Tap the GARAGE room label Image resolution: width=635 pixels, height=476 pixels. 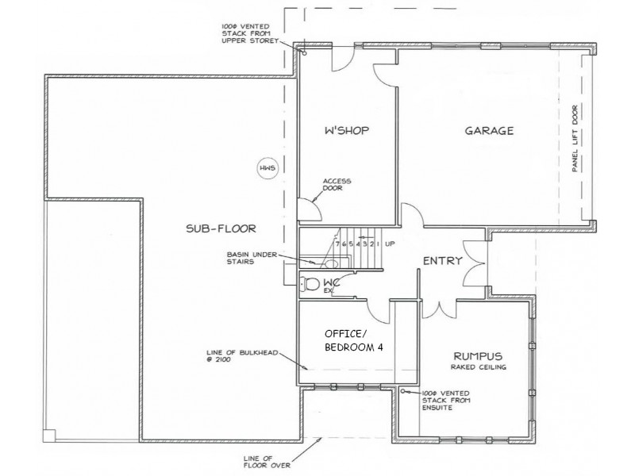point(489,131)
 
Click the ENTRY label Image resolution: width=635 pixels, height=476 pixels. point(442,260)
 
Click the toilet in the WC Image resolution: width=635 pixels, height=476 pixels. point(310,284)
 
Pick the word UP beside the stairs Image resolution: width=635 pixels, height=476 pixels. point(390,244)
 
